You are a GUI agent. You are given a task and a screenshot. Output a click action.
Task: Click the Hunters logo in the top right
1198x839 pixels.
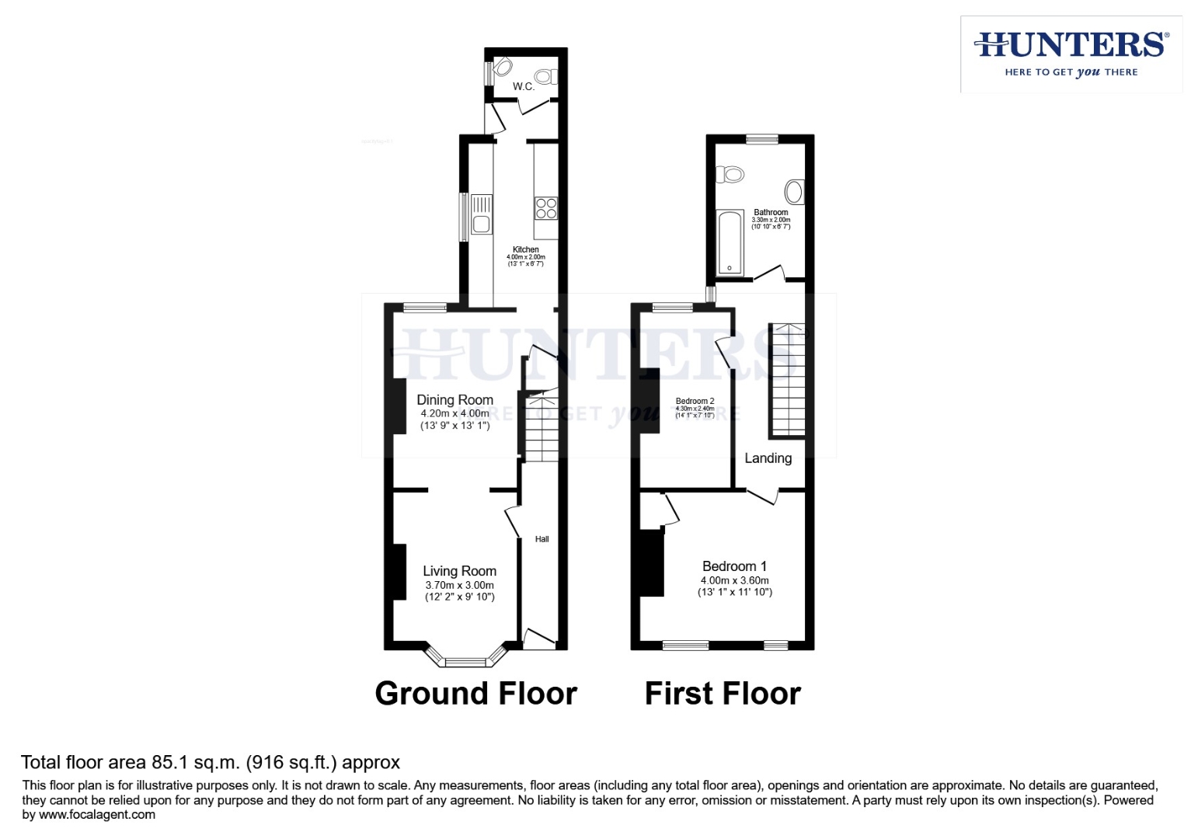click(1071, 54)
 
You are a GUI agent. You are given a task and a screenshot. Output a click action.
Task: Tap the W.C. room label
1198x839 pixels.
click(524, 86)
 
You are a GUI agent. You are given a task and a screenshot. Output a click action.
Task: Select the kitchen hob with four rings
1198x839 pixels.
click(546, 208)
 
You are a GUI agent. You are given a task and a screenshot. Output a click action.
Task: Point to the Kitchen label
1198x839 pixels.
click(526, 249)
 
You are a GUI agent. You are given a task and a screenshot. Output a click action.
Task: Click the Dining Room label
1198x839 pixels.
click(454, 400)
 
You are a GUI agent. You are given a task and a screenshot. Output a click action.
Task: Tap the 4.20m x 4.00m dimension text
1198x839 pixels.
click(454, 413)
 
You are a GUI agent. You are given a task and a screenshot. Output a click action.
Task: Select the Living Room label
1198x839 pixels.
click(459, 571)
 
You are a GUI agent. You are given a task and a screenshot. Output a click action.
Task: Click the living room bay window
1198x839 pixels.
click(465, 661)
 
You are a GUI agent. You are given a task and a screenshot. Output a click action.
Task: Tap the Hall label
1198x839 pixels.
click(542, 539)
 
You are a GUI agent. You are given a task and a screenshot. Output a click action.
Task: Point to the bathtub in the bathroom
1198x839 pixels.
click(730, 242)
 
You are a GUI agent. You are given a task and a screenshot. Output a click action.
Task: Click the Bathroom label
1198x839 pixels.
click(771, 212)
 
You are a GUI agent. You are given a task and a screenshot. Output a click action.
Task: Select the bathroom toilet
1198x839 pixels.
click(730, 175)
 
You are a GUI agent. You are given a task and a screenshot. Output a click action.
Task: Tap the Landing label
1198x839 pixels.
click(768, 458)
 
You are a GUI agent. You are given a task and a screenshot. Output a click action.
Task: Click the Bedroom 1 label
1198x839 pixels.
click(734, 566)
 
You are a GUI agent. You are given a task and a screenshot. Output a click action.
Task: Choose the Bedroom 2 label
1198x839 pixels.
click(695, 401)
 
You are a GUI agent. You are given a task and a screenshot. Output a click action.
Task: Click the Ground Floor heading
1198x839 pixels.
click(475, 693)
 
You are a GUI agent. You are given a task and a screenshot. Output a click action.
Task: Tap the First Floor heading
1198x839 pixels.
click(723, 693)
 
